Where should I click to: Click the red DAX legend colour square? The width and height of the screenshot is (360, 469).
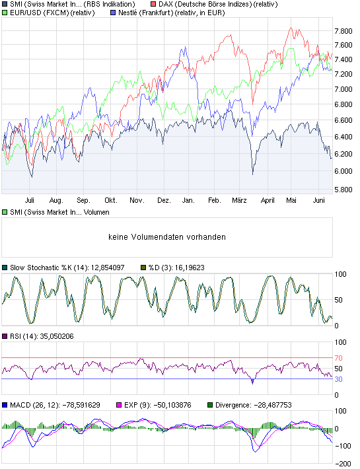(153, 4)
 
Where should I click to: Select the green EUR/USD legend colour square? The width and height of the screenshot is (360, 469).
(5, 12)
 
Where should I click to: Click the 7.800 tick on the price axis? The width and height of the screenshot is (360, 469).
(343, 31)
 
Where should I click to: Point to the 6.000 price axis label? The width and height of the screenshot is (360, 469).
(343, 171)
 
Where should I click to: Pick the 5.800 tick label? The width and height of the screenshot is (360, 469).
(343, 190)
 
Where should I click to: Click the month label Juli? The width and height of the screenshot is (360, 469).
(29, 199)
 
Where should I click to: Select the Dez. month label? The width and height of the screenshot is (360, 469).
(164, 199)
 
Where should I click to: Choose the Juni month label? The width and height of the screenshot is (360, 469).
(319, 199)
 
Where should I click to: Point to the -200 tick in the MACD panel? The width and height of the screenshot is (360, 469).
(343, 464)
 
